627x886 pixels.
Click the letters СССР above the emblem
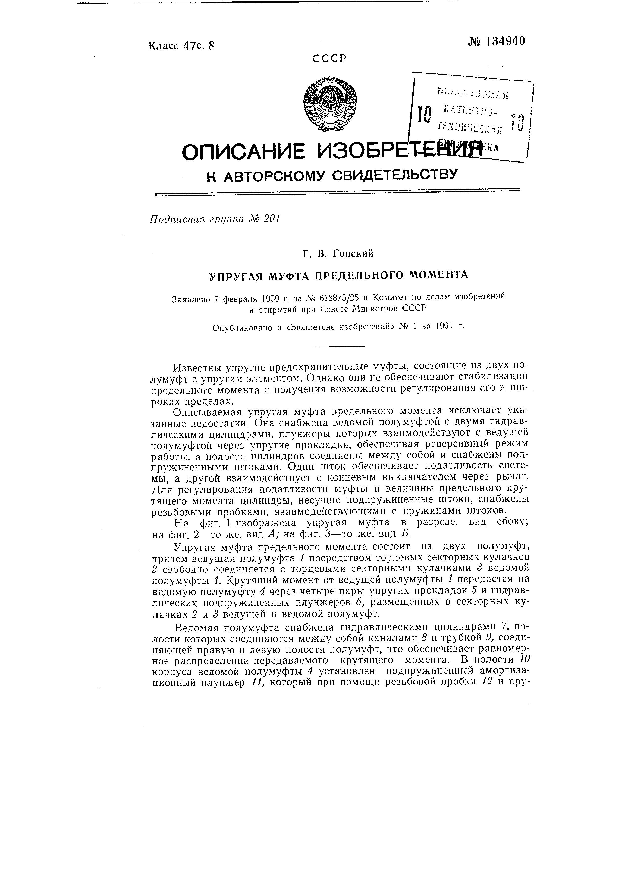[330, 58]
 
